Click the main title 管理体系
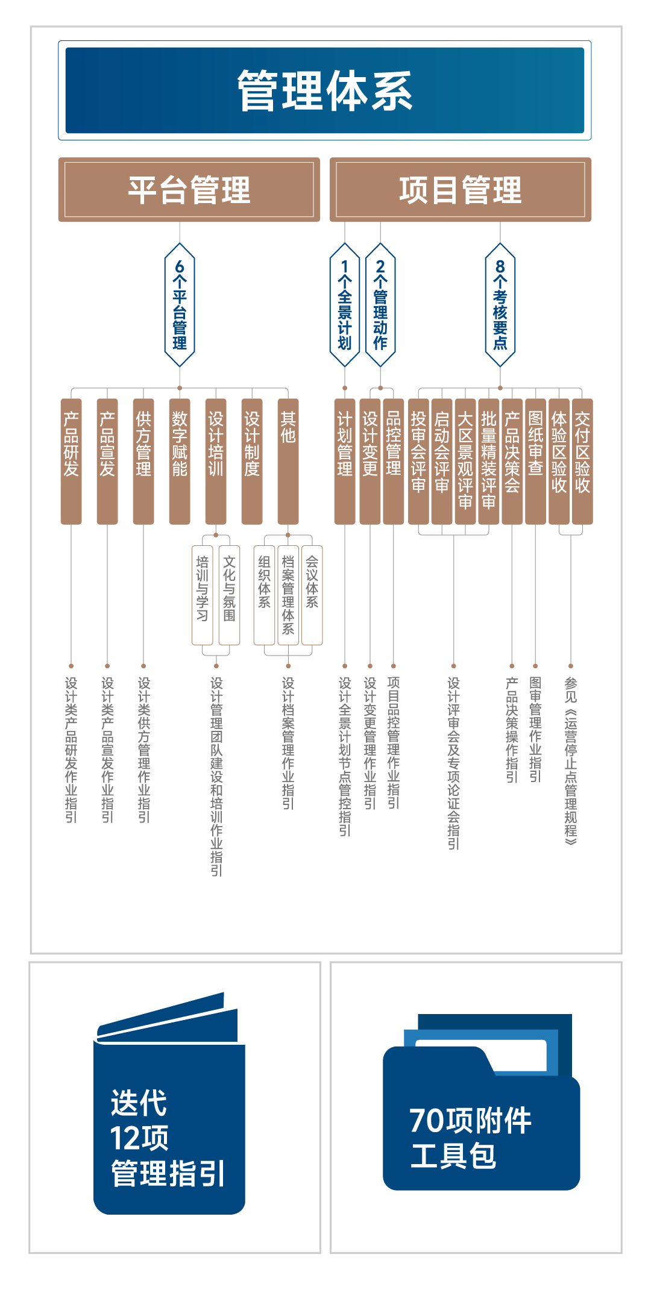[325, 90]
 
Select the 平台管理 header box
[189, 190]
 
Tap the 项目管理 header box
[461, 190]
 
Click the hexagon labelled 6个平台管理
[180, 305]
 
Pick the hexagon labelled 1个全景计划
[345, 305]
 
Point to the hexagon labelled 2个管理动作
[380, 305]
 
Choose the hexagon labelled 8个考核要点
[500, 305]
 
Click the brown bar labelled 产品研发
[71, 461]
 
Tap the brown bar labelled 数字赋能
[180, 461]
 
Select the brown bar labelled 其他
[288, 461]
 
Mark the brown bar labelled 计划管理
[345, 461]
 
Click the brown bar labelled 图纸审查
[535, 461]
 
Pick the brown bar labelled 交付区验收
[582, 461]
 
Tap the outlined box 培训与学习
[203, 595]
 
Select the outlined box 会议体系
[312, 595]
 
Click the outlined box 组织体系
[264, 595]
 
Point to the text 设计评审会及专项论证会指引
[453, 762]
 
